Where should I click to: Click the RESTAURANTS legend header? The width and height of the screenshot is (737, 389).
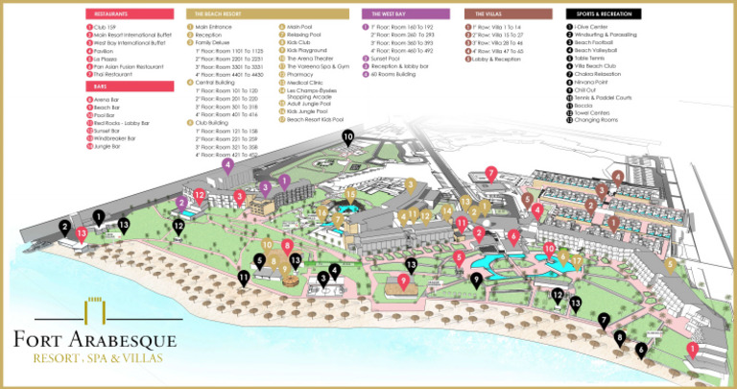119,15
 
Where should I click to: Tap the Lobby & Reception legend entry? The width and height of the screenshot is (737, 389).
493,59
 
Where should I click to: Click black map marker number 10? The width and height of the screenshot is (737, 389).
347,137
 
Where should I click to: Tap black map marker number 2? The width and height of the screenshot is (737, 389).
64,228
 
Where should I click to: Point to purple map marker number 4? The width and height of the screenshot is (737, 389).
227,165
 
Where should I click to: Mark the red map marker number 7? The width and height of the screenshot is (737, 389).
490,173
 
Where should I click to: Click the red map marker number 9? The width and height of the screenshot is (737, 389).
404,280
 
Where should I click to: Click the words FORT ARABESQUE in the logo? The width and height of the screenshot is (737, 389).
94,340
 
